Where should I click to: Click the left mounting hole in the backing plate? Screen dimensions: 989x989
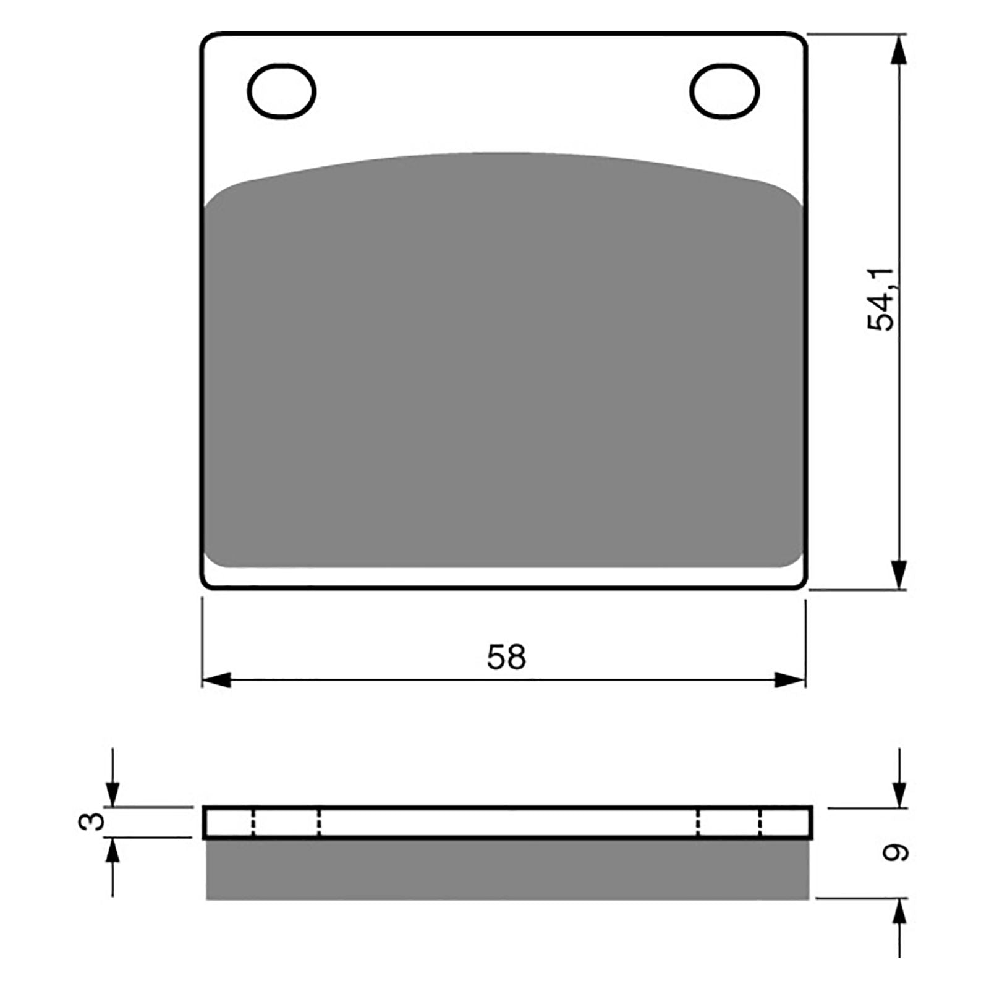tap(281, 91)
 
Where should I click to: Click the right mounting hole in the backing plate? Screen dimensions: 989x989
tap(724, 91)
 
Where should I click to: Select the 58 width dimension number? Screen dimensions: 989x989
tap(506, 657)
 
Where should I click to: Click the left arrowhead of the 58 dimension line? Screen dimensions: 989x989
tap(215, 680)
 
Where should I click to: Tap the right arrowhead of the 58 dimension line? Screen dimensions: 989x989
tap(791, 680)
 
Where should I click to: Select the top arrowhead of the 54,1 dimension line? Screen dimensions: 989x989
tap(900, 49)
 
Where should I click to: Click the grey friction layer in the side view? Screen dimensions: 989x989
tap(507, 868)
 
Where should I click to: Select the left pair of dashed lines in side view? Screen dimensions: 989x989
tap(286, 823)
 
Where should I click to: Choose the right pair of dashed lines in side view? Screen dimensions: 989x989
tap(729, 823)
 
